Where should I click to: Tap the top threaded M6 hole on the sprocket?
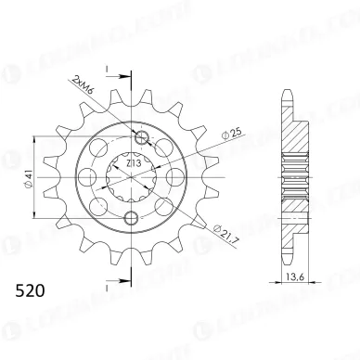[x=142, y=140]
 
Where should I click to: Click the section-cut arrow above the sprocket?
[x=108, y=70]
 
